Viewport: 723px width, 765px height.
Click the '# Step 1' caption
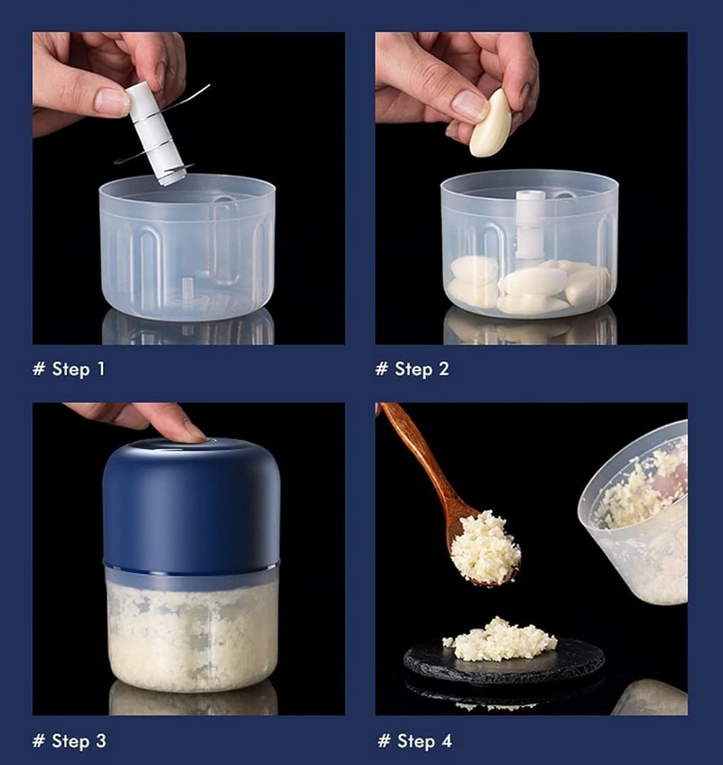click(x=69, y=369)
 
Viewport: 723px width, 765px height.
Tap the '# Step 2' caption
click(x=412, y=369)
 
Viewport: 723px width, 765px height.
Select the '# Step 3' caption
click(x=69, y=741)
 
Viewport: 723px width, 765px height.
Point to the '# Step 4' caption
click(x=415, y=741)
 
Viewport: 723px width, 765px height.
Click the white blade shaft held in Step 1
click(x=153, y=134)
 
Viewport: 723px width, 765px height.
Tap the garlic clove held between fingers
click(x=490, y=123)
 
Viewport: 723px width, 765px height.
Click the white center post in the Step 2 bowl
click(x=527, y=226)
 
